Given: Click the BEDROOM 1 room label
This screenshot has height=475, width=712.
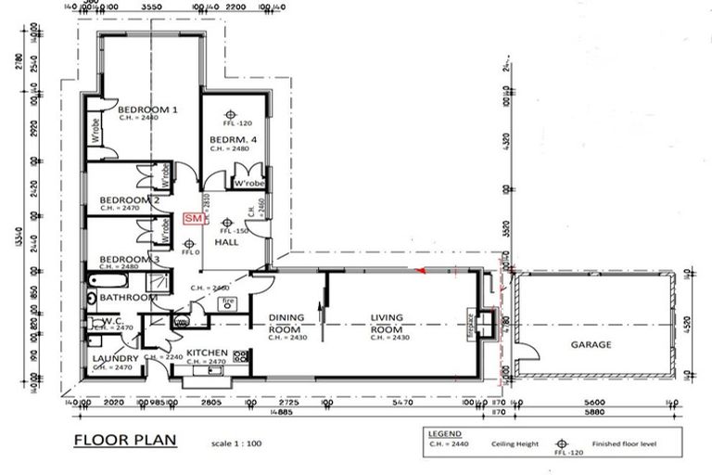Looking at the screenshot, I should click(x=148, y=109).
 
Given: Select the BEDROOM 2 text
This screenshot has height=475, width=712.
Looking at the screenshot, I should click(x=129, y=200).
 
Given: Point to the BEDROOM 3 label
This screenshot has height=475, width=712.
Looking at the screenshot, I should click(x=130, y=259).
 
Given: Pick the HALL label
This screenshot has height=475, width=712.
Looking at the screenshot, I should click(x=226, y=242).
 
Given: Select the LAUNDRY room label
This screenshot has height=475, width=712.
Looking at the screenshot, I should click(x=116, y=358).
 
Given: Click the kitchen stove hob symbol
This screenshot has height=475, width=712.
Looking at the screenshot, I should click(x=242, y=355).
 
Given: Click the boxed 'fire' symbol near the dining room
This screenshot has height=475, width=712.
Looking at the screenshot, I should click(x=228, y=302).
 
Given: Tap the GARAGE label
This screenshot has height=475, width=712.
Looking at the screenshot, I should click(x=591, y=344).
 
